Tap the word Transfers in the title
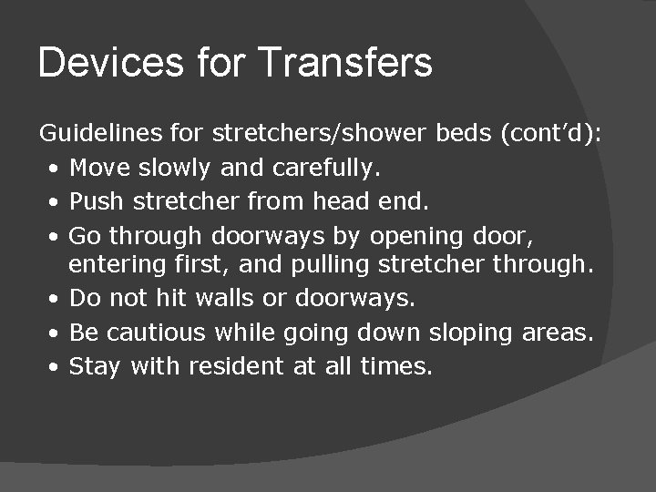(x=345, y=63)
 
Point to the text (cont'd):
(x=551, y=134)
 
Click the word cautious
(x=159, y=333)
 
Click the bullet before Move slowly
(x=56, y=169)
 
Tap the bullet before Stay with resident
(x=56, y=366)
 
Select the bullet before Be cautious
(x=56, y=333)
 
